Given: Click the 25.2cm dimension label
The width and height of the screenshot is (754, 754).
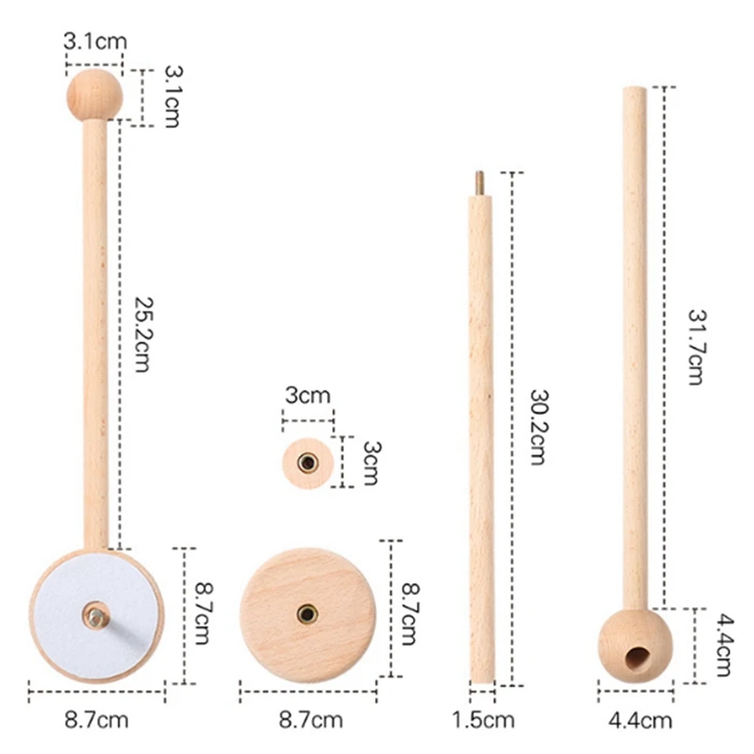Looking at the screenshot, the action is point(143,335).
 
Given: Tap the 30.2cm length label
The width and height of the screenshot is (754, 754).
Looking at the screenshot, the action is point(538,427).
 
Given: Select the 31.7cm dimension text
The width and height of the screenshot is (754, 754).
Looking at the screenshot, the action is point(696,347).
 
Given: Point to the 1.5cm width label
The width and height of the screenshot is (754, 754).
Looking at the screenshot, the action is point(483,720).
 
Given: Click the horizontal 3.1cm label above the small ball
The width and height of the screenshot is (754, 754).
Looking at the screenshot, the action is point(95,41).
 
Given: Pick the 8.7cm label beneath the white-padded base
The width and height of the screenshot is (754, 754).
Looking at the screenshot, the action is point(97,720).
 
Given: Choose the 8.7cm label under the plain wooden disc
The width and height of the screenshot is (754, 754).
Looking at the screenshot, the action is point(311,720).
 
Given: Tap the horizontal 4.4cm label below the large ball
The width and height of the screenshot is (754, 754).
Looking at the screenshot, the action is point(640,720).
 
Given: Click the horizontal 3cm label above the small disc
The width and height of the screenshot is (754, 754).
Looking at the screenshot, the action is point(308,395).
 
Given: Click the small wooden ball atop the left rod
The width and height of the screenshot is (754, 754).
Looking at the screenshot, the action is point(95,95).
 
